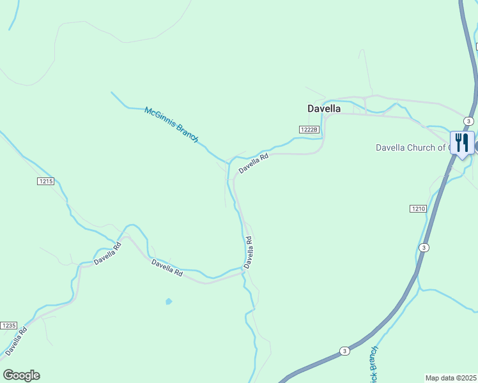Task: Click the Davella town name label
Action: [323, 109]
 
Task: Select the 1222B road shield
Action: [308, 130]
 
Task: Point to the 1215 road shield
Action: [45, 181]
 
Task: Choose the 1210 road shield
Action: [418, 209]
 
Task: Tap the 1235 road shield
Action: [8, 326]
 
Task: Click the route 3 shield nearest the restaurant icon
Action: [469, 121]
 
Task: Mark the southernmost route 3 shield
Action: [344, 350]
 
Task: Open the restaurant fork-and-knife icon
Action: [462, 143]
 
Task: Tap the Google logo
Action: [21, 375]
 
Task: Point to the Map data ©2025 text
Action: [451, 378]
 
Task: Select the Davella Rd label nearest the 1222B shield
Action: [253, 163]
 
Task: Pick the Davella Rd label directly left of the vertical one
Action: [167, 268]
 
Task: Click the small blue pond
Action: [169, 301]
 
